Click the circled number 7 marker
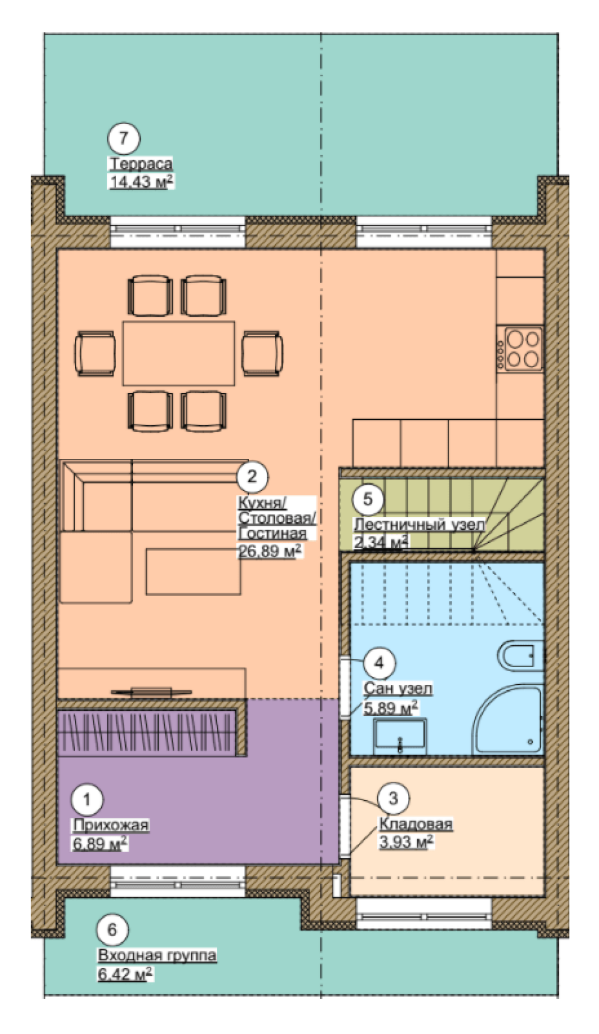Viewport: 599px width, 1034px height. tap(123, 139)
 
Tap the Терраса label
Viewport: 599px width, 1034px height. tap(140, 164)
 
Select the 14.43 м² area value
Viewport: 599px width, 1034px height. tap(141, 182)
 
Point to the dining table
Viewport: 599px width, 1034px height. tap(179, 353)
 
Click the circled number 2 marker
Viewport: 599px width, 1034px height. tap(252, 476)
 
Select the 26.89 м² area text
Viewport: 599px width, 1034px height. tap(270, 551)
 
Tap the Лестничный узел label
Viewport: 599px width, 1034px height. tap(418, 524)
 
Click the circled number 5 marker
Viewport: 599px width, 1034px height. tap(368, 498)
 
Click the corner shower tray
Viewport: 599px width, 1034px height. tap(509, 720)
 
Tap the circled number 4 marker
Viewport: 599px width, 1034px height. tap(379, 663)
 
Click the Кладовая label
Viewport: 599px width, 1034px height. tap(415, 824)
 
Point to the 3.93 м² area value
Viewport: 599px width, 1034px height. tap(406, 841)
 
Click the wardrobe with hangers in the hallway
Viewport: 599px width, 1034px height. tap(147, 731)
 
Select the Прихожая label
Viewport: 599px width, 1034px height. tap(110, 825)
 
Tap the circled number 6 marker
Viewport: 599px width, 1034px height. tap(113, 930)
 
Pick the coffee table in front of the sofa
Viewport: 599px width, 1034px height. tap(193, 571)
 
